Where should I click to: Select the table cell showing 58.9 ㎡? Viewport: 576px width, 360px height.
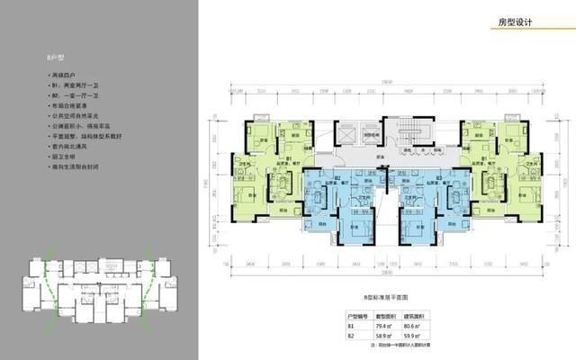click(x=387, y=336)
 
